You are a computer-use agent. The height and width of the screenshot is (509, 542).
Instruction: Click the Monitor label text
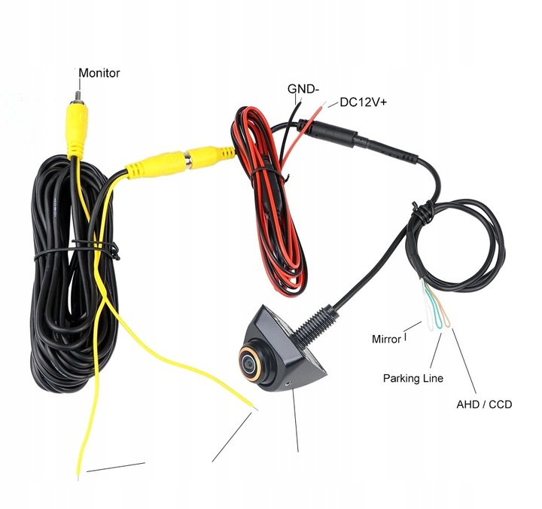click(x=99, y=73)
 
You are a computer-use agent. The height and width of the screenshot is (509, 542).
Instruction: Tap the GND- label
click(x=303, y=89)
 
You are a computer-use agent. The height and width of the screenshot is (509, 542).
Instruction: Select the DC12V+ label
click(x=364, y=102)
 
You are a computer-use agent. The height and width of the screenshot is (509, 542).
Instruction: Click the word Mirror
click(x=386, y=340)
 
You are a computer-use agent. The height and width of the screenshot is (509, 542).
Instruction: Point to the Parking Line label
click(x=413, y=378)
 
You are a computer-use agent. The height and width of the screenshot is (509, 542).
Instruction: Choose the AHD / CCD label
click(x=484, y=404)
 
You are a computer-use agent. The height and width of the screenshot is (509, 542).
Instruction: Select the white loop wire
click(x=428, y=308)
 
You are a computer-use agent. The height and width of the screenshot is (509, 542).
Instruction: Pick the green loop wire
click(x=435, y=308)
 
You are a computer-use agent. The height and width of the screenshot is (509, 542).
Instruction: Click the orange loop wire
click(x=444, y=309)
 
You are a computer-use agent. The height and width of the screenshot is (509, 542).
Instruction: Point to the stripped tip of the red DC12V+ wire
click(x=323, y=104)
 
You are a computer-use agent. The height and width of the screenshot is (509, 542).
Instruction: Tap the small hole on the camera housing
click(x=288, y=383)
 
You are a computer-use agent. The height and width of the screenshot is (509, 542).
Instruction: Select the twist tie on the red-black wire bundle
click(x=270, y=172)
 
